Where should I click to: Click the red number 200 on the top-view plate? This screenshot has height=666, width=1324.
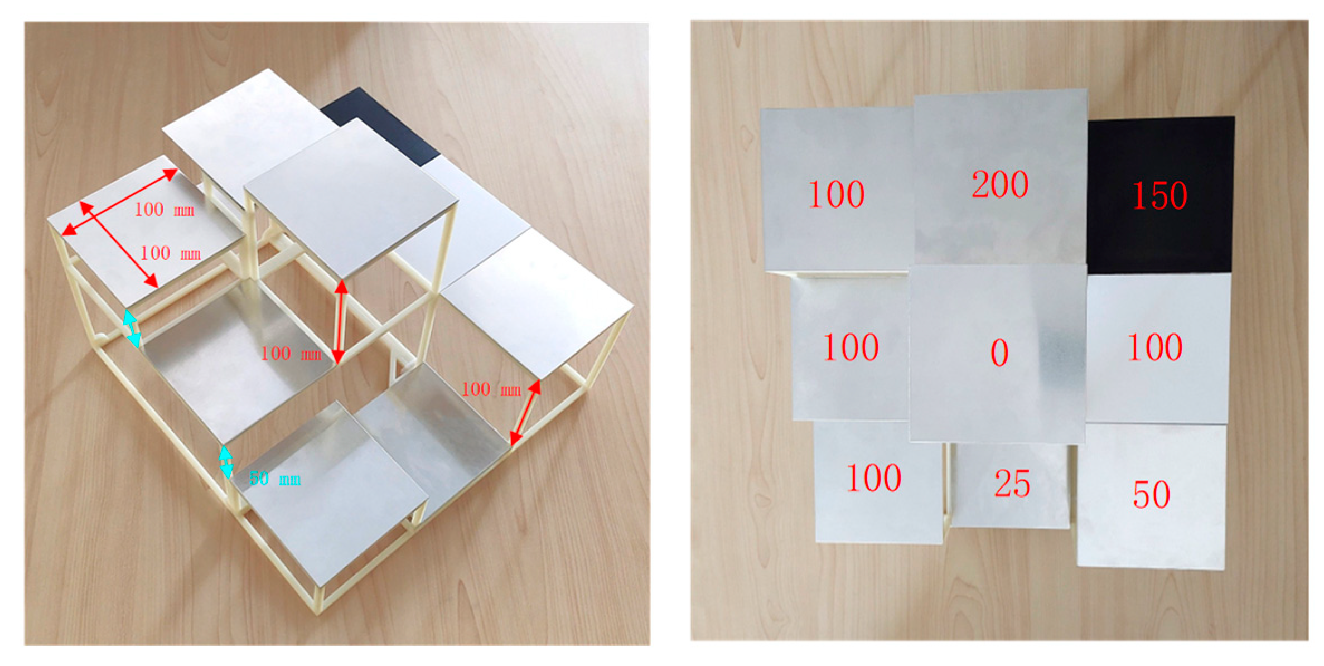pyautogui.click(x=1000, y=184)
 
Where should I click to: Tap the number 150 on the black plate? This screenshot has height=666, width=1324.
pyautogui.click(x=1159, y=195)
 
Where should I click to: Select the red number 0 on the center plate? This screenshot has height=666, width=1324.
pyautogui.click(x=999, y=353)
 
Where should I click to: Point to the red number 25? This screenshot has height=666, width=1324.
pyautogui.click(x=1012, y=483)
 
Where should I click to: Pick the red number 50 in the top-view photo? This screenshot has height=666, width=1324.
pyautogui.click(x=1151, y=495)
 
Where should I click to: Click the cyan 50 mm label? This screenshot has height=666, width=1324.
pyautogui.click(x=274, y=478)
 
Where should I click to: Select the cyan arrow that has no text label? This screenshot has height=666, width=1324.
pyautogui.click(x=132, y=329)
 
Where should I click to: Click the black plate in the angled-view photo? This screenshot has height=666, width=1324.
pyautogui.click(x=380, y=125)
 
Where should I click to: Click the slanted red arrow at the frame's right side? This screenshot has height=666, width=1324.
pyautogui.click(x=526, y=413)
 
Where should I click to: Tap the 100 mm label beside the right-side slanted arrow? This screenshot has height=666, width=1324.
pyautogui.click(x=491, y=389)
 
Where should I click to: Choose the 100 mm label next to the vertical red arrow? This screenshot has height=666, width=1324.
pyautogui.click(x=291, y=353)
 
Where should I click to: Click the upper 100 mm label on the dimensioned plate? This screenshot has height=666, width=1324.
pyautogui.click(x=164, y=210)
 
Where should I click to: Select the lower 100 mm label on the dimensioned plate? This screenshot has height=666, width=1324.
pyautogui.click(x=170, y=253)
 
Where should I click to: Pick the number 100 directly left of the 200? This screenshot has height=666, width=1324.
pyautogui.click(x=836, y=195)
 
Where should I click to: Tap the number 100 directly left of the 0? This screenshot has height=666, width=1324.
pyautogui.click(x=851, y=348)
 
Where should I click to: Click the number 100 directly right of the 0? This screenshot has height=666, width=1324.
pyautogui.click(x=1154, y=348)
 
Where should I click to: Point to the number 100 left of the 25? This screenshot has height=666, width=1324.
pyautogui.click(x=873, y=478)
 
